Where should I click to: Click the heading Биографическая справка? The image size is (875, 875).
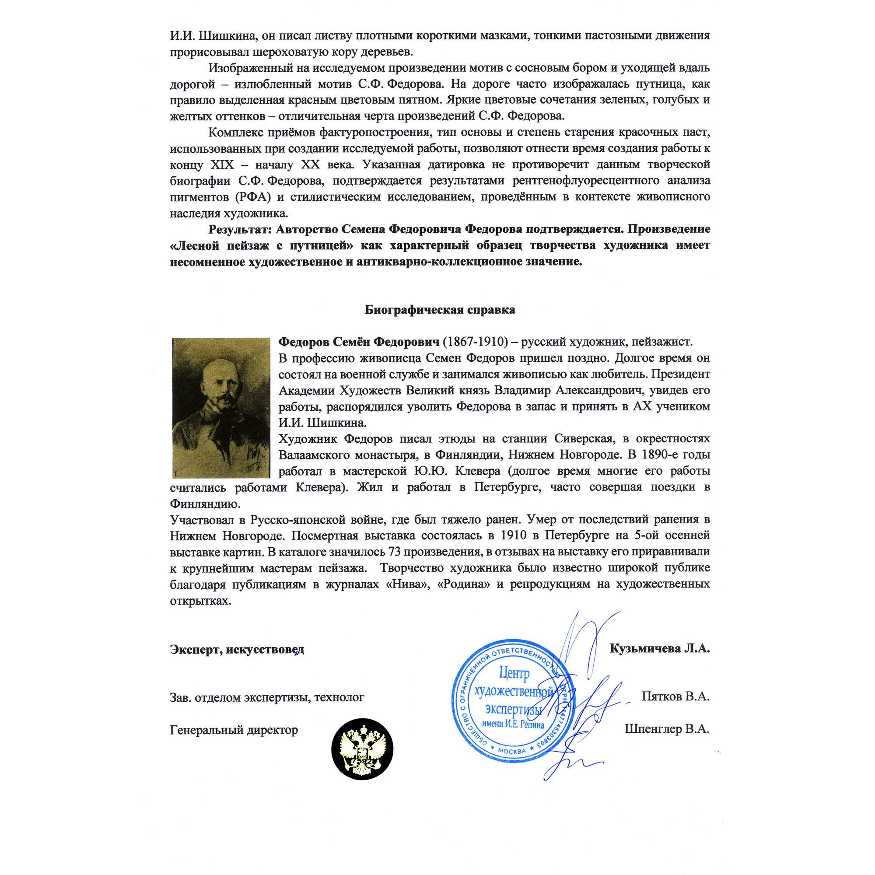click(x=440, y=310)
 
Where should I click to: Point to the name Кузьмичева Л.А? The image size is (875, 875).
click(x=659, y=648)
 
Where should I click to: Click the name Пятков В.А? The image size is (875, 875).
click(x=675, y=696)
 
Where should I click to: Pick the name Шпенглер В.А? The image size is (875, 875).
click(x=667, y=729)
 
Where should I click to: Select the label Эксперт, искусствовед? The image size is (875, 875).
click(x=237, y=649)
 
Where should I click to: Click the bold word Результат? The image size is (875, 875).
click(x=240, y=229)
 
